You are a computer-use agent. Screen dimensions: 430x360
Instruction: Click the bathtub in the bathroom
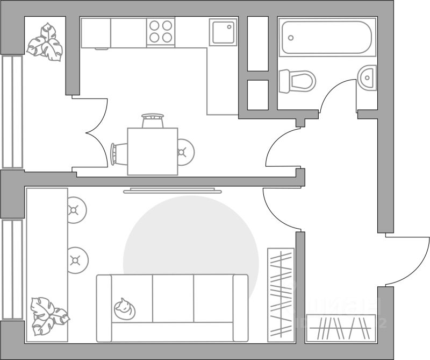pyautogui.click(x=326, y=38)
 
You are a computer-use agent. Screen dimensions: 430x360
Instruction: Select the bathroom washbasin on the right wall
pyautogui.click(x=368, y=78)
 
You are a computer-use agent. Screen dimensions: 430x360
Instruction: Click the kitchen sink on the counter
pyautogui.click(x=223, y=32)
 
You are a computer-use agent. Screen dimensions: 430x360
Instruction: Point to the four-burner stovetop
pyautogui.click(x=161, y=31)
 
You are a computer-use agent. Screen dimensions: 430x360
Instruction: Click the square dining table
pyautogui.click(x=152, y=151)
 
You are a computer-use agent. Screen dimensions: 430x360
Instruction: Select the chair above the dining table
pyautogui.click(x=152, y=120)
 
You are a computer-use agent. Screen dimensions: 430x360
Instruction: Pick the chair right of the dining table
pyautogui.click(x=185, y=151)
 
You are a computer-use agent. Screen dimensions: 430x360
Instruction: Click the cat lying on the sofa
pyautogui.click(x=125, y=308)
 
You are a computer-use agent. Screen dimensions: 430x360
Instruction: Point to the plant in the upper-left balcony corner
pyautogui.click(x=45, y=41)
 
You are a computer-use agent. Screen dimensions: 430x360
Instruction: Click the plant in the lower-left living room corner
pyautogui.click(x=48, y=316)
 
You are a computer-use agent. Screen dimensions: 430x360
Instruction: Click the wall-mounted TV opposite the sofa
pyautogui.click(x=172, y=190)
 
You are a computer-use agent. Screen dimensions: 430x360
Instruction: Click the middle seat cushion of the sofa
pyautogui.click(x=173, y=299)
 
